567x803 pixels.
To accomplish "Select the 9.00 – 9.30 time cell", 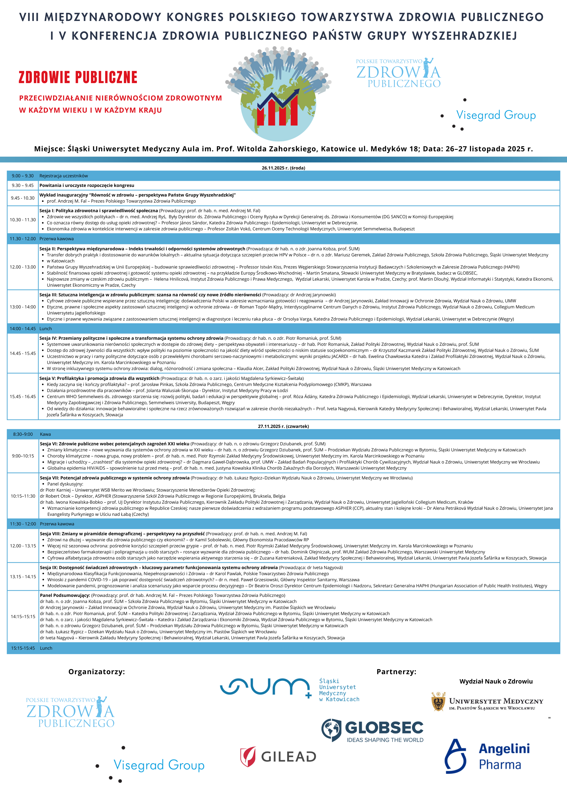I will tap(23, 176).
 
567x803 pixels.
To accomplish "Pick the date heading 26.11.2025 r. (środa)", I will tap(283, 168).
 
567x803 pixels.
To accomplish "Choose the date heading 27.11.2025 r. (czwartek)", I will tap(283, 426).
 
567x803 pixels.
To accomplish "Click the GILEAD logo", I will tap(278, 757).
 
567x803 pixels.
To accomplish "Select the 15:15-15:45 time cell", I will tap(23, 648).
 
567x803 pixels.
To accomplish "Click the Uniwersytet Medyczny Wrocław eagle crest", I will tap(438, 701).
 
